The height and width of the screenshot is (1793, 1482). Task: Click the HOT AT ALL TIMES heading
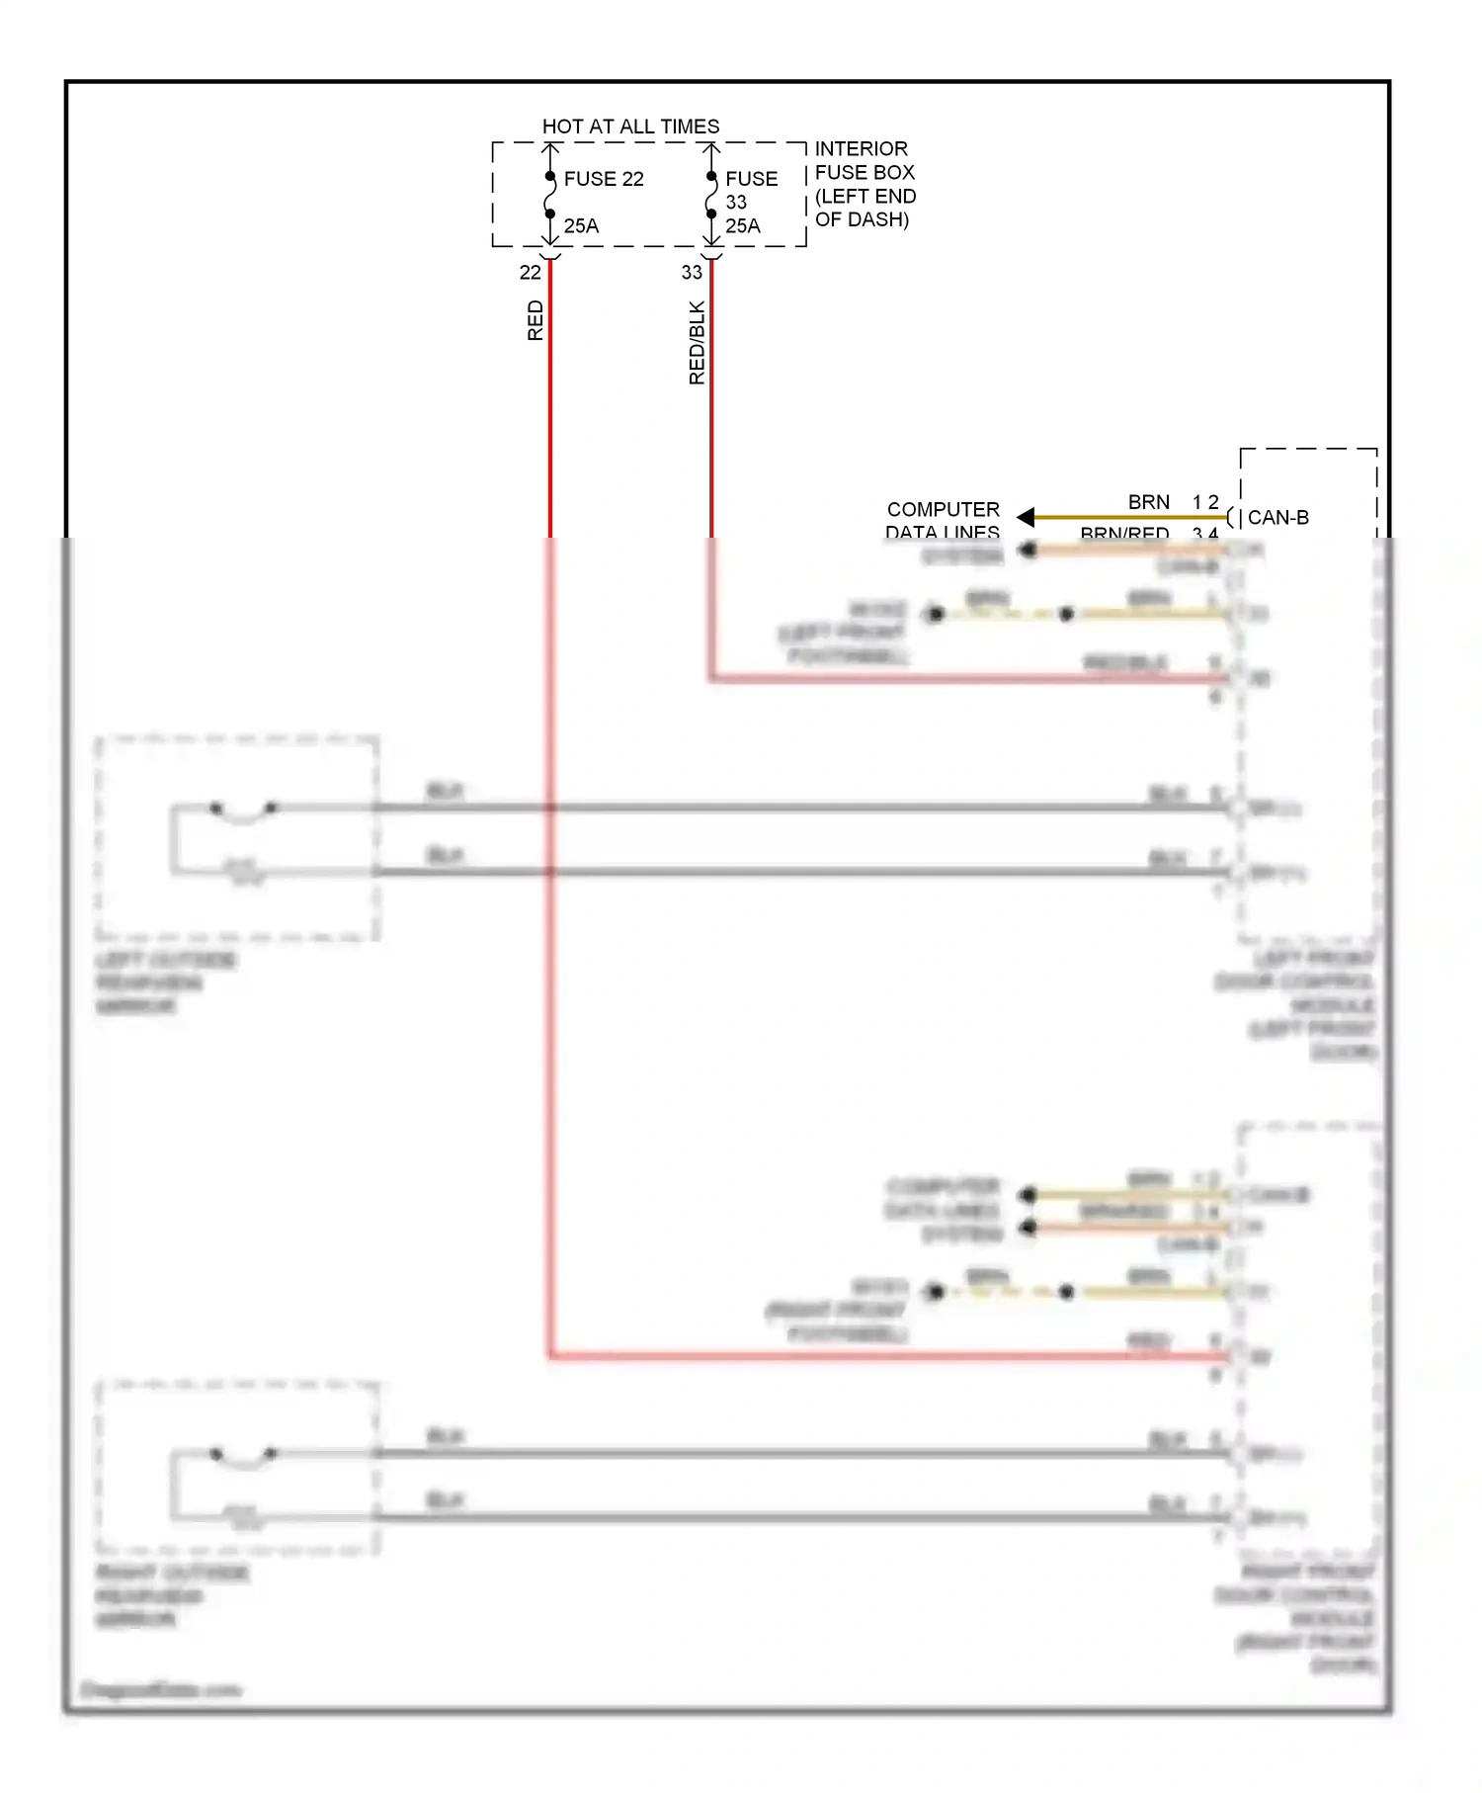pyautogui.click(x=630, y=127)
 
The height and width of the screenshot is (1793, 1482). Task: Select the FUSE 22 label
pyautogui.click(x=603, y=179)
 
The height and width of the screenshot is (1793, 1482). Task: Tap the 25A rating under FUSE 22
pyautogui.click(x=581, y=226)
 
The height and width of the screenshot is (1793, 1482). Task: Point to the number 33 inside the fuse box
pyautogui.click(x=736, y=203)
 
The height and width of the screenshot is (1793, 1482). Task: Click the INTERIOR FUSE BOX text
pyautogui.click(x=864, y=160)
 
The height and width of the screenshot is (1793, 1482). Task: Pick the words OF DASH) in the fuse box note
pyautogui.click(x=862, y=219)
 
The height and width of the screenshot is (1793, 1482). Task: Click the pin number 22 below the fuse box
pyautogui.click(x=530, y=273)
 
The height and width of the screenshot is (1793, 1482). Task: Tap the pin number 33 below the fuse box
pyautogui.click(x=692, y=273)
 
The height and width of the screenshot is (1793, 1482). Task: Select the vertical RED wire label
pyautogui.click(x=535, y=321)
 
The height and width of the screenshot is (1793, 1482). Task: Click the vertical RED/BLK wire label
pyautogui.click(x=697, y=342)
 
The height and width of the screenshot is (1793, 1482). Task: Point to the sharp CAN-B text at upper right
pyautogui.click(x=1277, y=518)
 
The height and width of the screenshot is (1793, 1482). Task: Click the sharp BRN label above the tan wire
pyautogui.click(x=1148, y=502)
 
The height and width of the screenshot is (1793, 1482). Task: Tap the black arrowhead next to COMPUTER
pyautogui.click(x=1026, y=517)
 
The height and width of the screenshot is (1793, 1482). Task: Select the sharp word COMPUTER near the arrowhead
pyautogui.click(x=943, y=509)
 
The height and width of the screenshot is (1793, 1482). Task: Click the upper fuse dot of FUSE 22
pyautogui.click(x=550, y=177)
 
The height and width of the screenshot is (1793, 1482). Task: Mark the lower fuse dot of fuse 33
pyautogui.click(x=711, y=213)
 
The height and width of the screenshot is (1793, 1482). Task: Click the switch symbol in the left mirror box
pyautogui.click(x=243, y=811)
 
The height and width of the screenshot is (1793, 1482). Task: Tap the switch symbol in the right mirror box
pyautogui.click(x=243, y=1456)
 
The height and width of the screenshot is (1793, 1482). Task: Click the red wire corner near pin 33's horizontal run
pyautogui.click(x=711, y=678)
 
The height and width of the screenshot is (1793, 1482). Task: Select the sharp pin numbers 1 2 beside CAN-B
pyautogui.click(x=1205, y=502)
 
